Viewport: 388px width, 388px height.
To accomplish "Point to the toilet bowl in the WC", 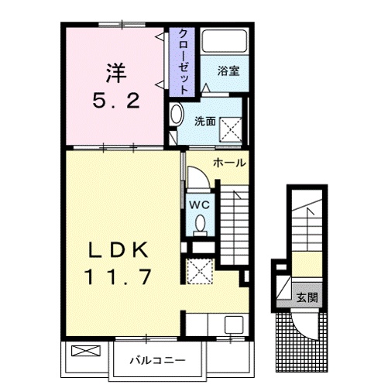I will pyautogui.click(x=201, y=225).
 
